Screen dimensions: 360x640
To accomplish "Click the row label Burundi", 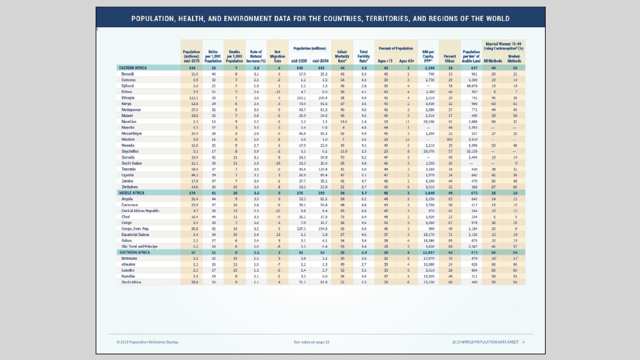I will click(128, 74).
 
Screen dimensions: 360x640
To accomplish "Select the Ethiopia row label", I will click(128, 98).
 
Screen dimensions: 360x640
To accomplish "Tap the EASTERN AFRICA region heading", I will click(133, 68).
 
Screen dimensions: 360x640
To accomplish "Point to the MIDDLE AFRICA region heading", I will click(132, 193).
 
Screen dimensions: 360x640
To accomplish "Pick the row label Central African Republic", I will click(140, 211).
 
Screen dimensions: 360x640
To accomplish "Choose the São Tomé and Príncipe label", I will click(139, 246).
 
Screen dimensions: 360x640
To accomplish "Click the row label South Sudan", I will click(132, 163).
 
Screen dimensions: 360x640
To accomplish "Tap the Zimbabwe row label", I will click(130, 187).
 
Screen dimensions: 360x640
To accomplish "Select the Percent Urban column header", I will click(450, 59).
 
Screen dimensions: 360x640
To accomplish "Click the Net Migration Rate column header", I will click(277, 56).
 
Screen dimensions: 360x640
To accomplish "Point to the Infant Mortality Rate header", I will click(342, 56).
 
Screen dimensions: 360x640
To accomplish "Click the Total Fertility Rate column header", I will click(364, 56).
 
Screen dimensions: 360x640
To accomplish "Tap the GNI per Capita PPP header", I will click(428, 56).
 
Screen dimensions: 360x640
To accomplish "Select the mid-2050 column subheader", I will click(321, 61).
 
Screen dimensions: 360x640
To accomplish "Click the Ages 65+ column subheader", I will click(407, 61).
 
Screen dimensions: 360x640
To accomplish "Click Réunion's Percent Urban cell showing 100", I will click(450, 139).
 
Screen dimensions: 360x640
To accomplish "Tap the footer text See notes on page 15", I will click(311, 342).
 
